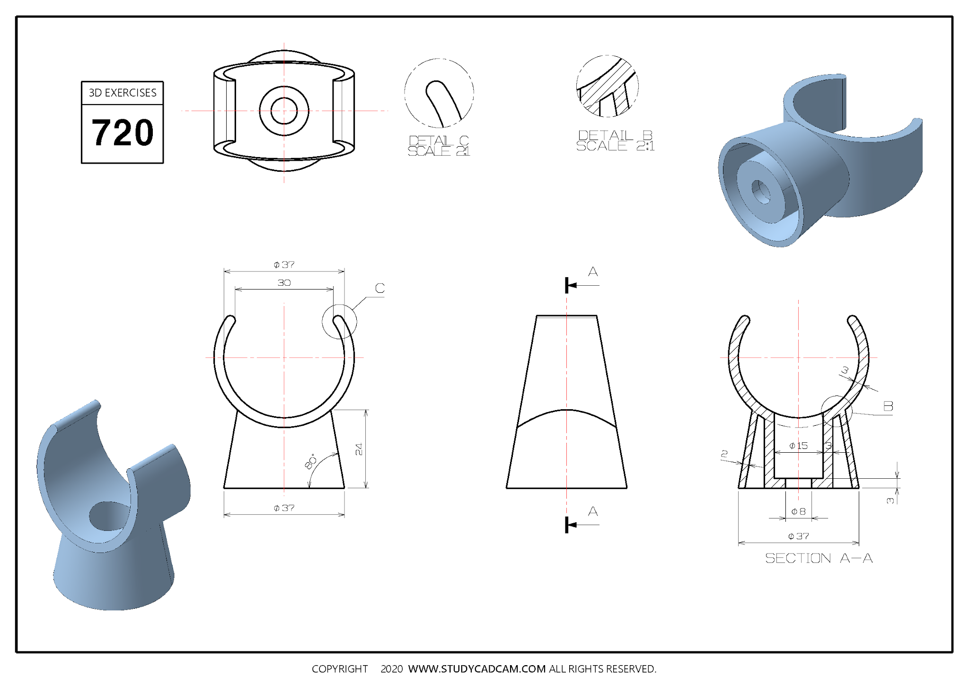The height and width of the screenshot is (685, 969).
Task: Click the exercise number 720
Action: (123, 133)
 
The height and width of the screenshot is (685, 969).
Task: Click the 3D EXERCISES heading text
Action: (123, 93)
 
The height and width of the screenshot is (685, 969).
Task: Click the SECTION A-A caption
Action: (819, 558)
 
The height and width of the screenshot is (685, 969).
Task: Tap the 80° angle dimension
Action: (311, 462)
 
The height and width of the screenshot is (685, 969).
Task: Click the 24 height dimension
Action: (359, 449)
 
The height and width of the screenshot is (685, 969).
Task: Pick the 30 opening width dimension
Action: (284, 283)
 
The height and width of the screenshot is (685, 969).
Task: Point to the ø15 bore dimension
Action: (799, 446)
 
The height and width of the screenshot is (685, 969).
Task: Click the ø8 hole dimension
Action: (799, 511)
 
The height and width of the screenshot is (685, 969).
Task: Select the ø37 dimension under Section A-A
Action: (799, 536)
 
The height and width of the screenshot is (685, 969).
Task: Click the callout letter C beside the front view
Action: (380, 288)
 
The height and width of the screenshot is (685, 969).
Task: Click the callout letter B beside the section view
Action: (888, 406)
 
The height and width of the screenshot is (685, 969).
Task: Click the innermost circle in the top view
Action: (284, 111)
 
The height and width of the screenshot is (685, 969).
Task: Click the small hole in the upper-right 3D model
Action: (760, 192)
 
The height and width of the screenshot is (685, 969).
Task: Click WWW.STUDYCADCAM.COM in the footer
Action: (477, 669)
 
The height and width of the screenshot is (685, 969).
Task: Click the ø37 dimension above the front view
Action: (284, 264)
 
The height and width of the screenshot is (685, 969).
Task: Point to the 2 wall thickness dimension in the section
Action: (724, 455)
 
